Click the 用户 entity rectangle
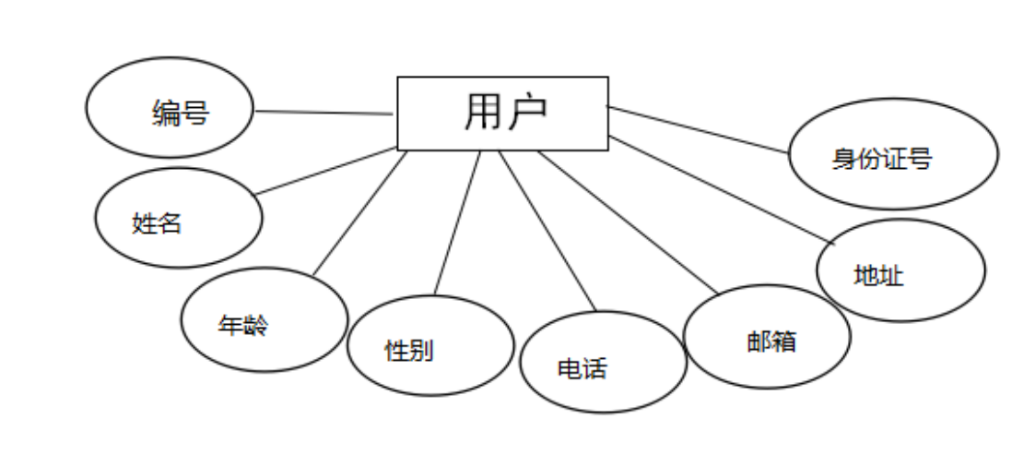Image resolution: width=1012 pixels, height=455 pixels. click(502, 113)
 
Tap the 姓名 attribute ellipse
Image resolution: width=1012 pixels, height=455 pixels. click(179, 218)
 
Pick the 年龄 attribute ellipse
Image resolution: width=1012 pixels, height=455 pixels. click(264, 319)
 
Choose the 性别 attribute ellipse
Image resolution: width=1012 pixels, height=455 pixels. click(430, 345)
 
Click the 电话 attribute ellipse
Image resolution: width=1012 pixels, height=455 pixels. click(603, 362)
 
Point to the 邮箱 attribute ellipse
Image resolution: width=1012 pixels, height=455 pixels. click(767, 336)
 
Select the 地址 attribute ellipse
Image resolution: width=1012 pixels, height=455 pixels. click(900, 270)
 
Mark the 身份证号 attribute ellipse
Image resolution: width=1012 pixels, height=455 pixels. click(893, 154)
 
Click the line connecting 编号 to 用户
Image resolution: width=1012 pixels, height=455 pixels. click(323, 113)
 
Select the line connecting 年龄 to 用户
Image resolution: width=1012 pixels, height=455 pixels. click(359, 212)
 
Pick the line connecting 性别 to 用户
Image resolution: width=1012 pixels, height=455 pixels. click(457, 222)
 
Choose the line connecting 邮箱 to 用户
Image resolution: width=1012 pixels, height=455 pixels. click(627, 222)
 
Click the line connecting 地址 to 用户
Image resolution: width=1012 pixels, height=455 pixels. click(719, 190)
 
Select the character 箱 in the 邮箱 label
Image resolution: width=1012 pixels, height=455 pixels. click(783, 341)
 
